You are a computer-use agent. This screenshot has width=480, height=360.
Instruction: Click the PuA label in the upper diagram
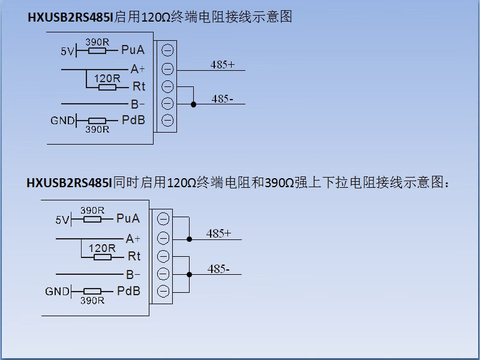click(x=133, y=50)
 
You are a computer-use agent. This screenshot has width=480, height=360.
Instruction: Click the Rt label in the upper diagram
click(x=139, y=87)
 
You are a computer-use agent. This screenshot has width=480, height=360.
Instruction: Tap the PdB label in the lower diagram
click(x=128, y=291)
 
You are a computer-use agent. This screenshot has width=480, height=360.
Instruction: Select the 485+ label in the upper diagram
click(x=222, y=64)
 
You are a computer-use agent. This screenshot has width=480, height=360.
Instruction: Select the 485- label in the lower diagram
click(x=218, y=269)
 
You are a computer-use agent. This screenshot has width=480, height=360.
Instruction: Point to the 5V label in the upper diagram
click(x=67, y=52)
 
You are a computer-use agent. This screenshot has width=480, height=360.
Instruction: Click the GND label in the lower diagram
click(x=57, y=292)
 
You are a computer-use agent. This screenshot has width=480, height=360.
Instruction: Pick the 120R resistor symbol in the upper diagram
click(x=107, y=88)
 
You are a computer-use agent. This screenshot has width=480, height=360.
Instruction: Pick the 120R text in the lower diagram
click(x=102, y=248)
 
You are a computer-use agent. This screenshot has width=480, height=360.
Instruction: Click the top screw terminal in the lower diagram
click(x=163, y=220)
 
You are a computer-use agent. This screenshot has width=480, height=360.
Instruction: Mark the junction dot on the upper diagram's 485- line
click(x=193, y=104)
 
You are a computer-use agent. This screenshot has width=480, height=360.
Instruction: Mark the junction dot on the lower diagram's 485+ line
click(x=189, y=239)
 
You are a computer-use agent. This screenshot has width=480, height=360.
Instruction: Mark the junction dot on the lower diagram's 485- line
click(x=189, y=274)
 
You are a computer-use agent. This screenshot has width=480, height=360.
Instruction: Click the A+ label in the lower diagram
click(x=133, y=239)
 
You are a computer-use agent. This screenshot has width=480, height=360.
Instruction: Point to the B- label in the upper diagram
click(x=138, y=104)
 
